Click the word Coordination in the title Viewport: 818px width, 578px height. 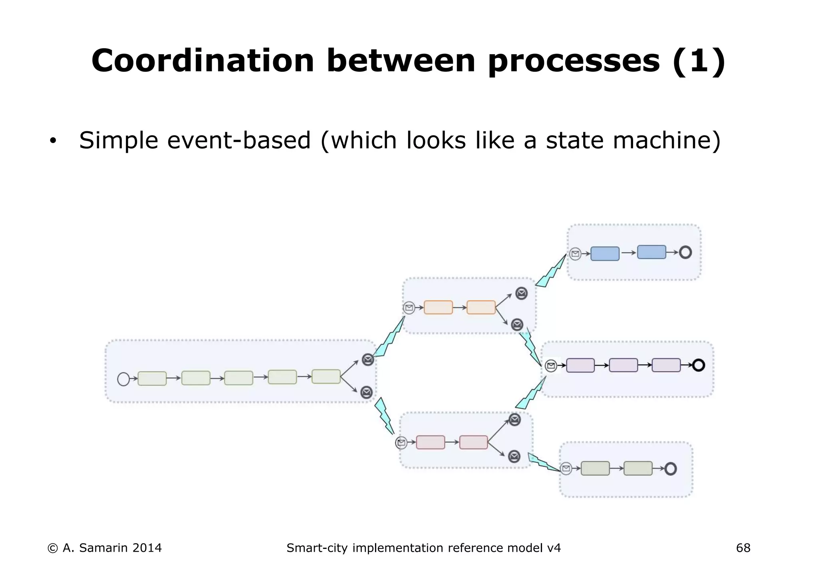[x=203, y=61]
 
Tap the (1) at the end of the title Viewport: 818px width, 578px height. [x=699, y=61]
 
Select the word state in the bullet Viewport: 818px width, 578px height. [x=575, y=141]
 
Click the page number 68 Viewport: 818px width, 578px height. [x=743, y=548]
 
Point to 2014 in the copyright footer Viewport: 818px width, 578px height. [x=147, y=548]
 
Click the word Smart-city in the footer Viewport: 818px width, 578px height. [x=317, y=548]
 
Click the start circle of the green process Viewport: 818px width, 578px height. [x=123, y=379]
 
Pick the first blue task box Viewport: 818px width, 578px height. [x=605, y=253]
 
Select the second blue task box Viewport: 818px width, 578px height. [x=651, y=252]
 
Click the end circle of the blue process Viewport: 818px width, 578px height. [x=685, y=252]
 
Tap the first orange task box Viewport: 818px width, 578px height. [x=438, y=307]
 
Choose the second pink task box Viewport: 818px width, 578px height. [x=473, y=442]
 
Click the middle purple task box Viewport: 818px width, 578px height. [x=623, y=365]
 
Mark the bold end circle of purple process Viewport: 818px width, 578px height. [x=699, y=365]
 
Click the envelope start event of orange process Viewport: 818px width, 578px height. [x=409, y=308]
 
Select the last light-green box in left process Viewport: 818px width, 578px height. [x=326, y=376]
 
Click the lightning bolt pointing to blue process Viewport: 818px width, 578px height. [x=552, y=271]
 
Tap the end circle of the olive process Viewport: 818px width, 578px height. [x=671, y=469]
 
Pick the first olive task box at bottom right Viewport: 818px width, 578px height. [x=595, y=468]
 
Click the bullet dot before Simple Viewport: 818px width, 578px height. [x=53, y=141]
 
